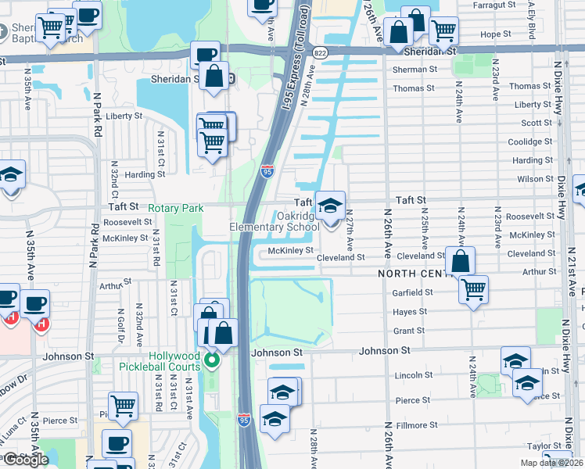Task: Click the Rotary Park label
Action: click(x=178, y=208)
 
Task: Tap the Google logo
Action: click(x=26, y=460)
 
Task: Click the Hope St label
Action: click(x=495, y=34)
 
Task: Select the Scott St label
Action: click(x=537, y=123)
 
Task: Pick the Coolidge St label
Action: click(x=531, y=141)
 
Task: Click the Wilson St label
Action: click(x=536, y=179)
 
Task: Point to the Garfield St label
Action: click(x=414, y=292)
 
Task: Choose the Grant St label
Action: click(x=410, y=331)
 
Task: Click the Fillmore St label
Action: click(x=411, y=425)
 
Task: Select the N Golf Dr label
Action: click(x=120, y=328)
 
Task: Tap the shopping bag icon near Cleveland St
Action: click(x=461, y=261)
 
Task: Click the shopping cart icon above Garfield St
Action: click(x=473, y=288)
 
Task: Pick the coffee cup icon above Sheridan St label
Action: click(x=206, y=55)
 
